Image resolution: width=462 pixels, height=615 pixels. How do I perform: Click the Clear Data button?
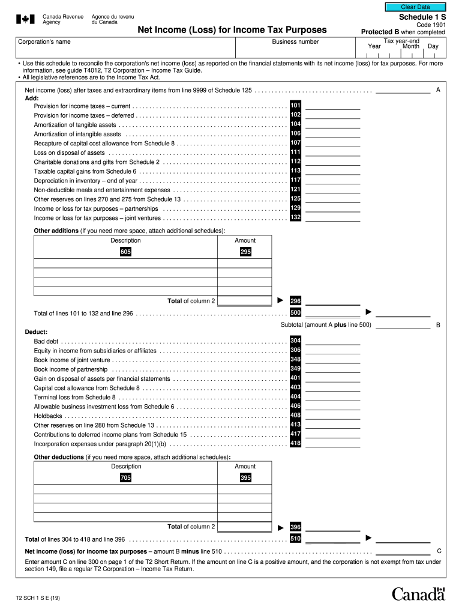click(x=415, y=7)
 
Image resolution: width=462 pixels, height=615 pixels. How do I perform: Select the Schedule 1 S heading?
click(x=418, y=17)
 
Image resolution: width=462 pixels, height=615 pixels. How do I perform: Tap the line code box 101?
click(x=295, y=105)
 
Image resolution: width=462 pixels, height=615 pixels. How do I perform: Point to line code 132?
click(x=295, y=217)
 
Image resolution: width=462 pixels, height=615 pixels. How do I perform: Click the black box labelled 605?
click(x=125, y=252)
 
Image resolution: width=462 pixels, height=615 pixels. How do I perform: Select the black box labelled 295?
click(x=245, y=252)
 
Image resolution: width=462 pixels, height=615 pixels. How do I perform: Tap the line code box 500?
click(x=295, y=313)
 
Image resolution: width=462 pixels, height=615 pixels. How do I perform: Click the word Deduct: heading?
click(x=36, y=332)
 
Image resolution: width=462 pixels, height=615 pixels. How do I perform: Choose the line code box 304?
click(x=295, y=341)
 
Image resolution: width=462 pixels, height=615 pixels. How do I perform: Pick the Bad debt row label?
click(x=46, y=341)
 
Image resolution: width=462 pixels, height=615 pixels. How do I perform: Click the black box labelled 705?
click(x=125, y=478)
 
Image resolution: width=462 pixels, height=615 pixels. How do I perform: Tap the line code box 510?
click(x=295, y=539)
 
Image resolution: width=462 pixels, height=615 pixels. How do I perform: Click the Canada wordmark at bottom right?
click(x=418, y=594)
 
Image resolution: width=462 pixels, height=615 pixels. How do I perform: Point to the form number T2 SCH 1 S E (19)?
click(x=38, y=598)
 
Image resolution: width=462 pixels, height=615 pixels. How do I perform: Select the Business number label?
click(x=295, y=42)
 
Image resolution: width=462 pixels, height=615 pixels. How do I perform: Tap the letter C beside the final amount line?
click(x=439, y=551)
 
